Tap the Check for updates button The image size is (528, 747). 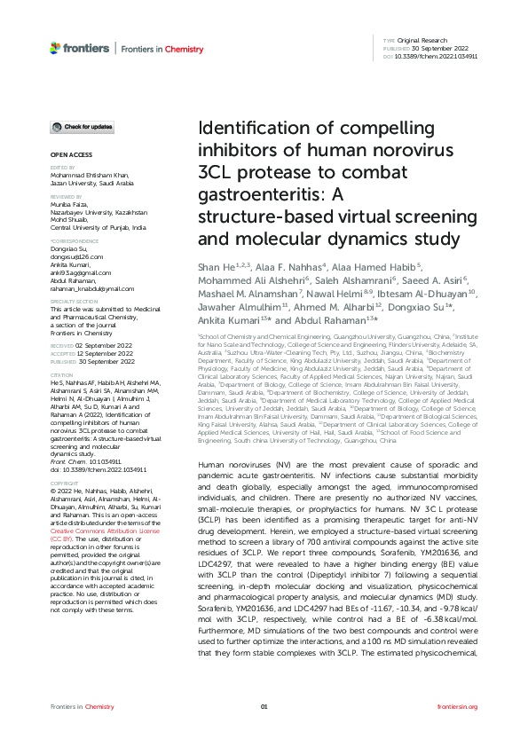(82, 128)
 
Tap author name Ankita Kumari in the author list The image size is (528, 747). (222, 319)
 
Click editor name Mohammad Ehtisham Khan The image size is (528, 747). (92, 176)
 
